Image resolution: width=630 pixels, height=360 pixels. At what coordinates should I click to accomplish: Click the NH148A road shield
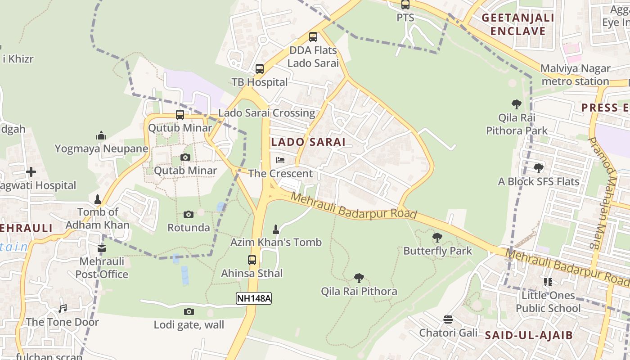tap(254, 298)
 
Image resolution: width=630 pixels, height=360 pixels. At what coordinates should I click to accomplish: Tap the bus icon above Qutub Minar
tap(180, 115)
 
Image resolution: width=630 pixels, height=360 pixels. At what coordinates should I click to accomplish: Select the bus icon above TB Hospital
tap(260, 69)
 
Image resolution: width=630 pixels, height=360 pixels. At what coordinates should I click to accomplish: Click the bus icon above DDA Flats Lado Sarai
tap(313, 37)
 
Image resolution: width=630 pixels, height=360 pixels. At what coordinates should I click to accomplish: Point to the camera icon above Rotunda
tap(189, 215)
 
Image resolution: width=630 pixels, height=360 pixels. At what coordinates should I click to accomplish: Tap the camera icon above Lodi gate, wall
tap(189, 311)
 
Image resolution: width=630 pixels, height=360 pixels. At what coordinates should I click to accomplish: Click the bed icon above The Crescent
tap(280, 160)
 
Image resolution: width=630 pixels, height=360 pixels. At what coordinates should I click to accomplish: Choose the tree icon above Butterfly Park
tap(437, 237)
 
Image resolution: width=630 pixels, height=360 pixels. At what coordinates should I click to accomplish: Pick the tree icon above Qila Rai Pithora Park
tap(517, 104)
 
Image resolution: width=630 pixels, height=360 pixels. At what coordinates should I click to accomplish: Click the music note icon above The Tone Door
tap(63, 309)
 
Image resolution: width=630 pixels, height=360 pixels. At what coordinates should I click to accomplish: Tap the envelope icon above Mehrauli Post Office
tap(102, 248)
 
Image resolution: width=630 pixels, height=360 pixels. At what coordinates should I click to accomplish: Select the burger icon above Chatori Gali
tap(448, 319)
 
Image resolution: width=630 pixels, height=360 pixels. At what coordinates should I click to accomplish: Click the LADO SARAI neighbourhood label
tap(308, 142)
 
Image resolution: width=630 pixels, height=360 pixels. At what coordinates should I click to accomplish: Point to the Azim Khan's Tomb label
tap(276, 243)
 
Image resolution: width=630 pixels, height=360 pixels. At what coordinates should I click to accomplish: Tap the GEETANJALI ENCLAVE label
tap(517, 25)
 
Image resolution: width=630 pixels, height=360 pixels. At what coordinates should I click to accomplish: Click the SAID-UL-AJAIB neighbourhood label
tap(529, 335)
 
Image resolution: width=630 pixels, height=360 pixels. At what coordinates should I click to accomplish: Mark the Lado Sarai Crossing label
tap(266, 113)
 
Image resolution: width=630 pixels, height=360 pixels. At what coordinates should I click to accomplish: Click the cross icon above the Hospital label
tap(31, 172)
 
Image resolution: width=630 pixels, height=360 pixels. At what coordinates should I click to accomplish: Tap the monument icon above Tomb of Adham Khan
tap(98, 199)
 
